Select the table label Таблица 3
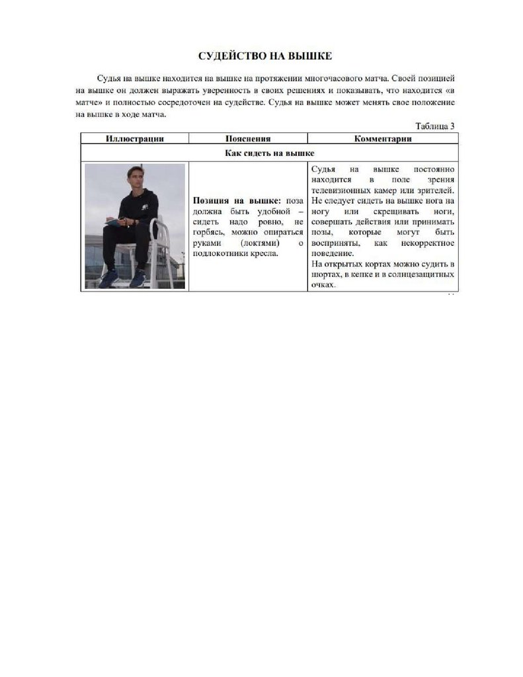pos(434,126)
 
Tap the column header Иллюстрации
pos(134,139)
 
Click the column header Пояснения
pos(248,139)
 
